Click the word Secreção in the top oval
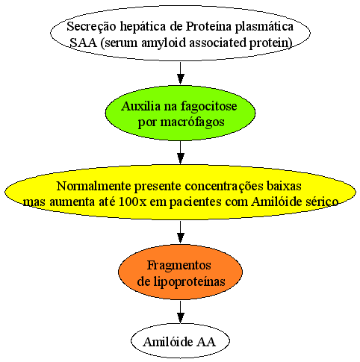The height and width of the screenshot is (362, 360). (91, 27)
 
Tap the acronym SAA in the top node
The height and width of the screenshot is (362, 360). (83, 43)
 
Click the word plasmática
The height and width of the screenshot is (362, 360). (264, 26)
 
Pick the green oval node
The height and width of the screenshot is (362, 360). (180, 113)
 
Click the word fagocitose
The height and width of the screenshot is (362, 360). (208, 107)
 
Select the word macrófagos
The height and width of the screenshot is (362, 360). (192, 122)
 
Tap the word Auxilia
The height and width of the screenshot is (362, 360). (141, 106)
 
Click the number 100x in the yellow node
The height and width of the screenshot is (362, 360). (133, 202)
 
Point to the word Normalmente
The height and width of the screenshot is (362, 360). (94, 186)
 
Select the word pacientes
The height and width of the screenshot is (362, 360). (195, 202)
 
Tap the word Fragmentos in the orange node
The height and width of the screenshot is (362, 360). (179, 266)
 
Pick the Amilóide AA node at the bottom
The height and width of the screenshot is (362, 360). (180, 341)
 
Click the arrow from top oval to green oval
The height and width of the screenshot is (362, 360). (181, 73)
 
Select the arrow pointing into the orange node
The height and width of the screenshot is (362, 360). (181, 232)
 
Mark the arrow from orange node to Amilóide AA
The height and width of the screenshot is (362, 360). (181, 312)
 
